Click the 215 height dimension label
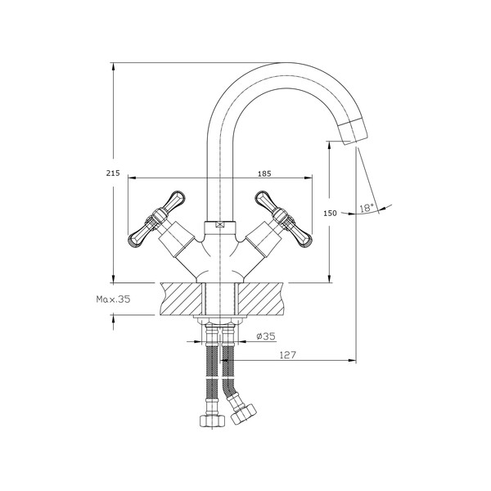[114, 173]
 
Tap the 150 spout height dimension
[330, 213]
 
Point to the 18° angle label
[367, 209]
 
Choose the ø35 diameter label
[265, 336]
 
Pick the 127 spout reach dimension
[286, 354]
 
